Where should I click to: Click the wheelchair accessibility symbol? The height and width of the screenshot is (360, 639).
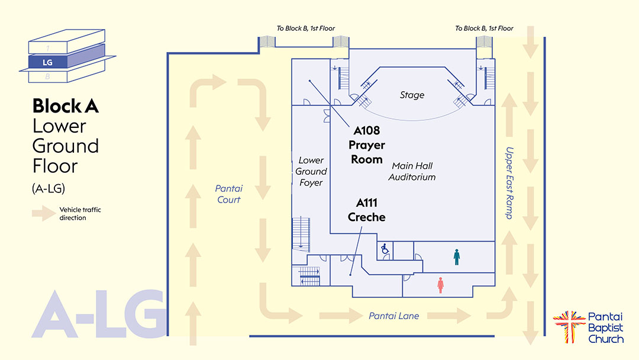coord(385,250)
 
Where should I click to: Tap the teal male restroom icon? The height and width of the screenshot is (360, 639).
coord(456,256)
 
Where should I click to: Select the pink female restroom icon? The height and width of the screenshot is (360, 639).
coord(440,285)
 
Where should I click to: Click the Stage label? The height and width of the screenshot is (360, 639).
coord(412,95)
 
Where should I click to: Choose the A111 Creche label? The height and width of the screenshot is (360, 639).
coord(366,210)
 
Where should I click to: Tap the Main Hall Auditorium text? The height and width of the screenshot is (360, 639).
coord(412,172)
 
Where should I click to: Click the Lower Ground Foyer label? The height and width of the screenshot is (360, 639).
coord(311,172)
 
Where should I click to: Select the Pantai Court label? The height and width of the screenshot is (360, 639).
coord(228,194)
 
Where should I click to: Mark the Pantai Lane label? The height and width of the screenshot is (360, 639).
coord(393,316)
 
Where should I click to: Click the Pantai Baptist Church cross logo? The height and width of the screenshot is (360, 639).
coord(568,326)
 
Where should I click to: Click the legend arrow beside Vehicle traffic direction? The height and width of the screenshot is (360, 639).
coord(43,214)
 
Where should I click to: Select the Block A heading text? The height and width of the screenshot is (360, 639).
coord(65,107)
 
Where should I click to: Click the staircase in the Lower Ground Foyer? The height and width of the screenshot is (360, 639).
coord(301,233)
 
